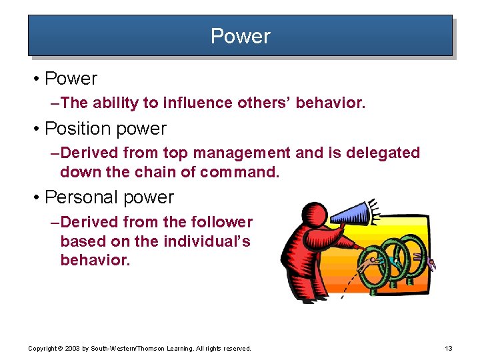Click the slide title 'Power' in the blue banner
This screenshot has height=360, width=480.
coord(240,35)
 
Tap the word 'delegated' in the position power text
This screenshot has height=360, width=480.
coord(387,153)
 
